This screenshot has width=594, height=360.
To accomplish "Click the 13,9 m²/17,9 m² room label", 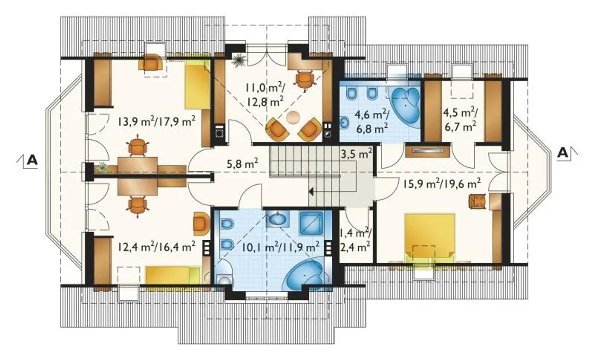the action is tap(156, 122).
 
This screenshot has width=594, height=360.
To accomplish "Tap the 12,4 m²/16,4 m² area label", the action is tap(156, 246).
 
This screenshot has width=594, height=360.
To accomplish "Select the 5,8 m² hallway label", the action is tap(243, 164).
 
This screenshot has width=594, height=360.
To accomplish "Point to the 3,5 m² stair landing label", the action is tap(356, 154).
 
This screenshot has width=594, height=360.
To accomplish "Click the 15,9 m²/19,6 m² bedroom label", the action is tap(442, 184).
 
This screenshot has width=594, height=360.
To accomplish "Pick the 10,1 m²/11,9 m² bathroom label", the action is tap(281, 247).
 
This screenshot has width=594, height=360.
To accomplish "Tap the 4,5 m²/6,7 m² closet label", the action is tap(460, 120).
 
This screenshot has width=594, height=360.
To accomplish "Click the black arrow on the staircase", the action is tap(311, 191).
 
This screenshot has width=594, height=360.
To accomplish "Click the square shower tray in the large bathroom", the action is tap(311, 223).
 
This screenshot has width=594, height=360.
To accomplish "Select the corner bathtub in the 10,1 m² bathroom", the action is tap(309, 274).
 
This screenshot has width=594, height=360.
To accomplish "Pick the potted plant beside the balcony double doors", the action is tap(238, 61).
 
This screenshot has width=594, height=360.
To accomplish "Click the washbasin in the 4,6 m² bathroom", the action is tap(344, 123).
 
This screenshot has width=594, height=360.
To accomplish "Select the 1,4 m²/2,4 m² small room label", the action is tap(355, 240).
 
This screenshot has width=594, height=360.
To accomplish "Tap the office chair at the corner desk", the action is tap(305, 80).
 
